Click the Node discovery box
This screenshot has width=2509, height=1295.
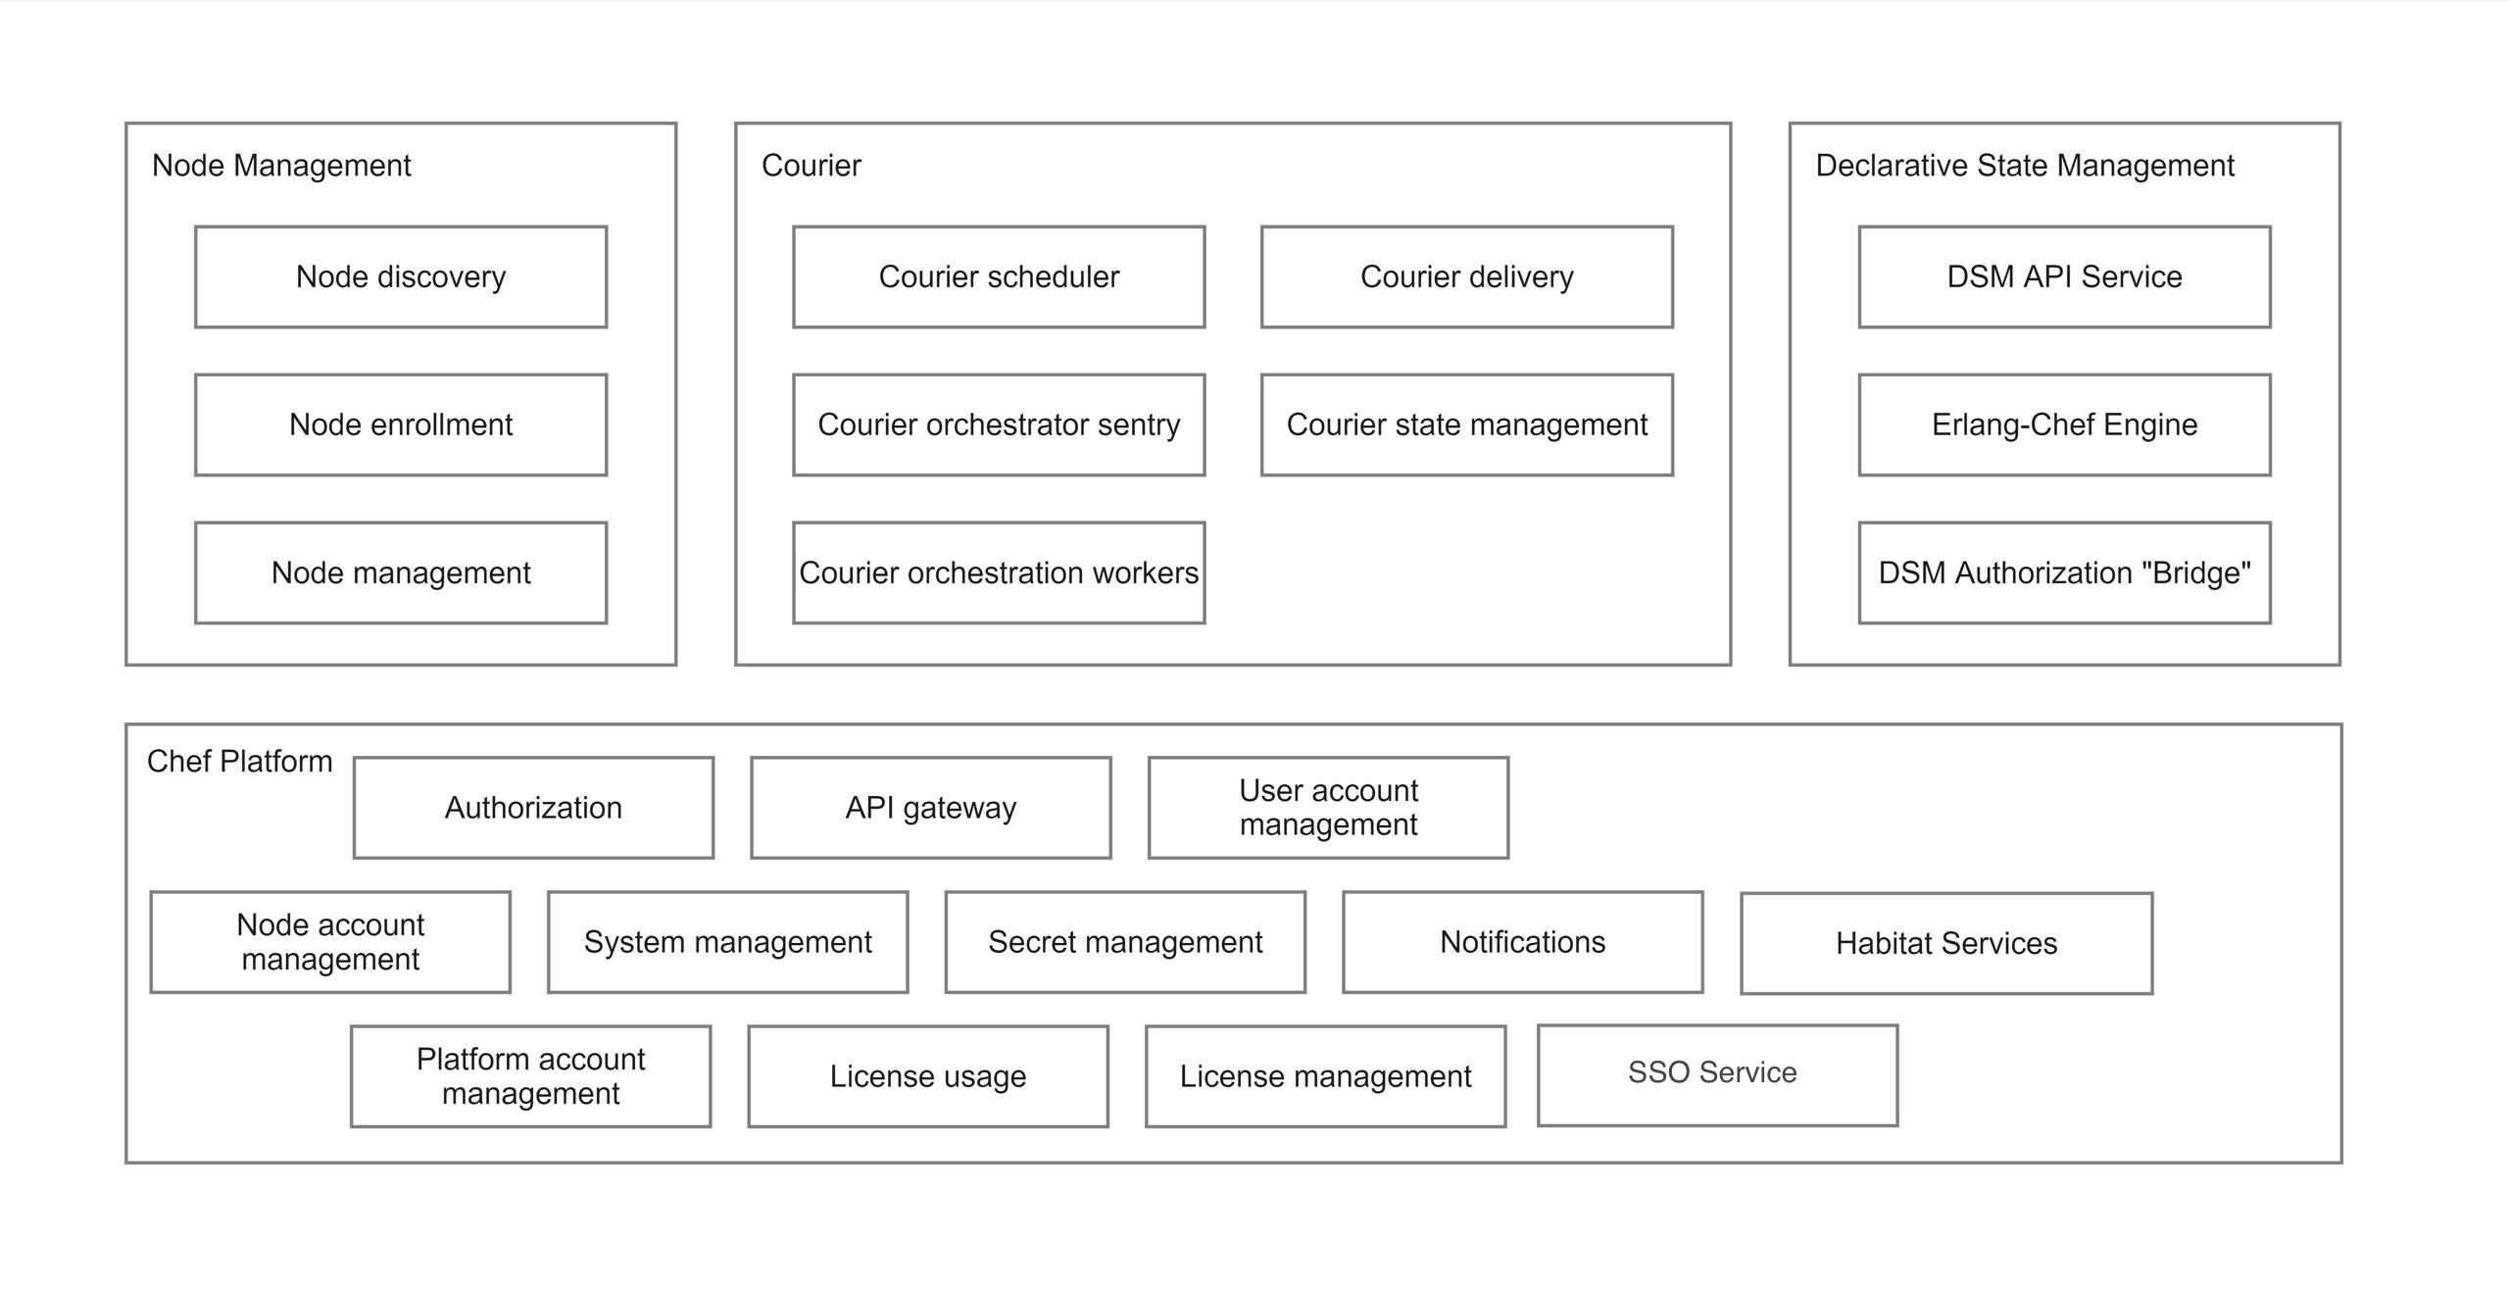pos(401,277)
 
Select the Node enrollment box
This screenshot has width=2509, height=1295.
pos(401,424)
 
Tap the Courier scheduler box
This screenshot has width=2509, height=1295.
pos(999,277)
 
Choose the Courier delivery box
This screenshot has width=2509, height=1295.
pos(1466,277)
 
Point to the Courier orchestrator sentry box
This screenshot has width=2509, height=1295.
pos(999,424)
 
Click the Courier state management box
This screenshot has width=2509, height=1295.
pos(1466,424)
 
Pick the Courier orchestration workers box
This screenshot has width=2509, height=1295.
pos(999,573)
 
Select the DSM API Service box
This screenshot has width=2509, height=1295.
pos(2064,277)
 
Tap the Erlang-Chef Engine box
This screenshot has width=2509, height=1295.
pos(2064,424)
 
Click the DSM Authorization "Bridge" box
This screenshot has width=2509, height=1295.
pos(2064,573)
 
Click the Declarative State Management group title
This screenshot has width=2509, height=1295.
pos(2024,166)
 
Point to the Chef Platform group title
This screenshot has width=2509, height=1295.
pos(239,762)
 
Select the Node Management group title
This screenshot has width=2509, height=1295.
pos(281,166)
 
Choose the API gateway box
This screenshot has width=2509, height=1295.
pos(931,808)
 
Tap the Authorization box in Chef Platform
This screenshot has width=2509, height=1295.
pos(533,808)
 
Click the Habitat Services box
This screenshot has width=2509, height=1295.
pos(1946,943)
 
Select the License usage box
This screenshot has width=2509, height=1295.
pos(928,1076)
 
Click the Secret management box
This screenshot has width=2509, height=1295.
pos(1125,942)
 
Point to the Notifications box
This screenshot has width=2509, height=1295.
pos(1522,942)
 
